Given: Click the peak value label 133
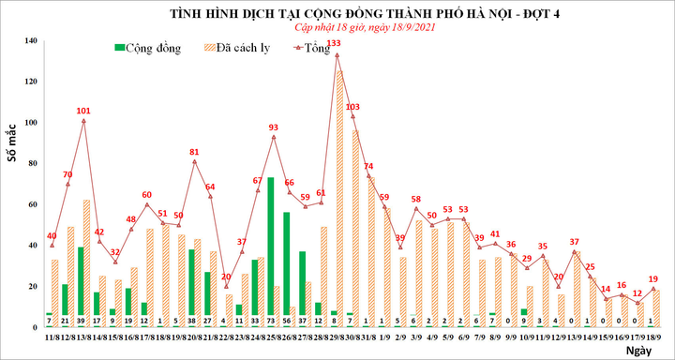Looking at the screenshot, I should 334,43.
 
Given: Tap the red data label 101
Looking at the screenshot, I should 83,109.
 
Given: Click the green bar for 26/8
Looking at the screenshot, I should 286,262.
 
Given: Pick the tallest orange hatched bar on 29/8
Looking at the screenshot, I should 339,192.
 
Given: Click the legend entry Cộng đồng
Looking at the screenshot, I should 148,46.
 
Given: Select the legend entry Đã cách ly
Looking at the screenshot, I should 240,46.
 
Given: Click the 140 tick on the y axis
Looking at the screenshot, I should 31,41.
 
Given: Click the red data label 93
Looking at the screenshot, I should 273,127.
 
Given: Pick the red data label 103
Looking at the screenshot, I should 352,107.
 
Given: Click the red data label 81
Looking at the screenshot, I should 194,151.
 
